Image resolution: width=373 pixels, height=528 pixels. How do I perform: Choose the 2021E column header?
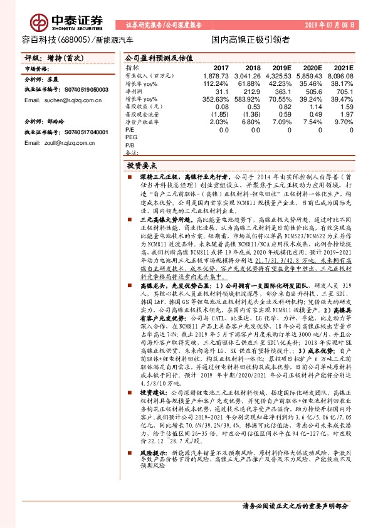point(345,68)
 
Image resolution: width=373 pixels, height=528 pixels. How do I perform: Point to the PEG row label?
point(131,137)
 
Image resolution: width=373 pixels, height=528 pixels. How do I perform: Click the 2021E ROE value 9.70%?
point(344,122)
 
